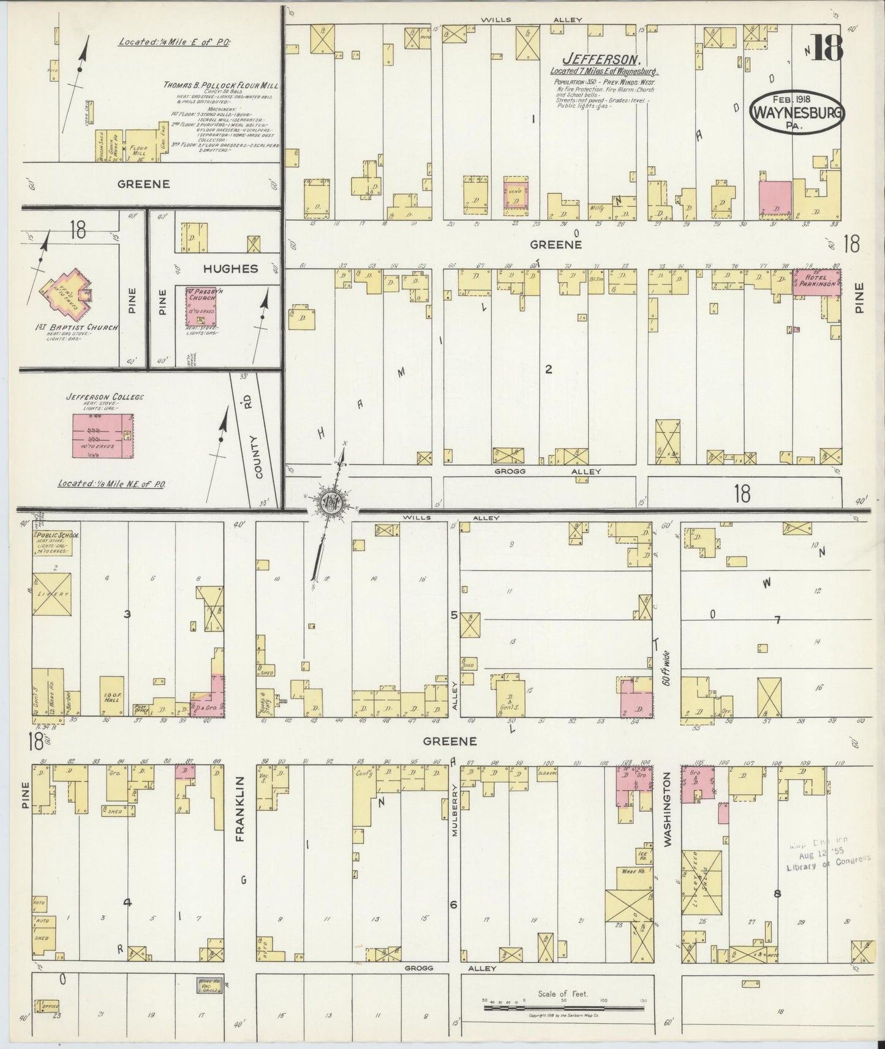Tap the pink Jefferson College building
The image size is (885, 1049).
(104, 435)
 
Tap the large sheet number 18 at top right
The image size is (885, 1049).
(828, 48)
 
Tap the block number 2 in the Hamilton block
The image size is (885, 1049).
(549, 369)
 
